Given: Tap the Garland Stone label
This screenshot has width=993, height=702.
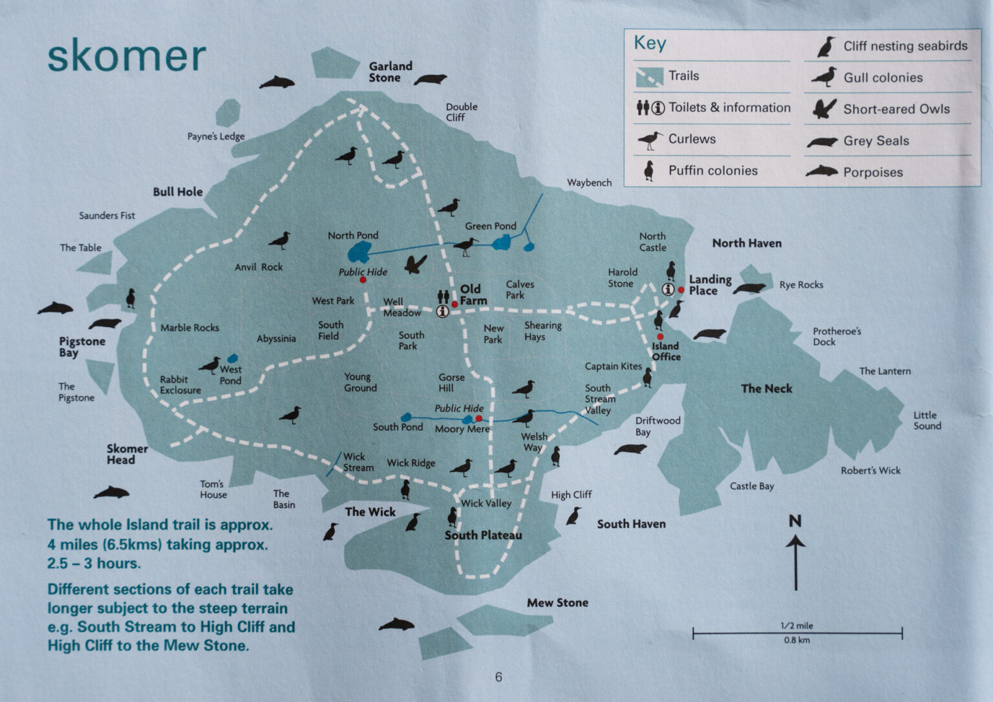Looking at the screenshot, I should point(390,72).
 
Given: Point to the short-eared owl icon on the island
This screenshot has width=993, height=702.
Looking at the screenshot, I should point(416,264).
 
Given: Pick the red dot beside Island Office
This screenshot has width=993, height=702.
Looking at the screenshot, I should point(659,337).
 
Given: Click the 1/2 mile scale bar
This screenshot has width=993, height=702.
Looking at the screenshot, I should point(797,633).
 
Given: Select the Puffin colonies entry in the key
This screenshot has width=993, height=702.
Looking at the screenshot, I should point(712,171).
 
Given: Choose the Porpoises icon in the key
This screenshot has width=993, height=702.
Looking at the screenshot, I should point(822,172).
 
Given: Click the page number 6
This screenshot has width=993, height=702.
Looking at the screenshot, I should point(498,677).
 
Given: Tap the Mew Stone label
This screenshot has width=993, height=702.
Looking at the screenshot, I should point(557,602).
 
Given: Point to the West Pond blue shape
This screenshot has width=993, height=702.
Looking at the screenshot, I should point(232,358).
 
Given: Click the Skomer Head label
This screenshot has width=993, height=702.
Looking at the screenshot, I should point(127,454).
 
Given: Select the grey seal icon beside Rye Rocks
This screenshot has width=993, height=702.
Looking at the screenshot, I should point(750,288).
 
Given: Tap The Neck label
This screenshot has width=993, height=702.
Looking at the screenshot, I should point(766,388).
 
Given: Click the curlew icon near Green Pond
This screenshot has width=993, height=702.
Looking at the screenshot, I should point(465,246).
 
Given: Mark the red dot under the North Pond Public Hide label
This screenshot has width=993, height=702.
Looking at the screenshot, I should point(363,281).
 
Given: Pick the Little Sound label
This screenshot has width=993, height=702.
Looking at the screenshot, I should point(927,420).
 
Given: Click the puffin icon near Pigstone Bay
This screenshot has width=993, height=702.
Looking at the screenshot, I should point(131,298).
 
